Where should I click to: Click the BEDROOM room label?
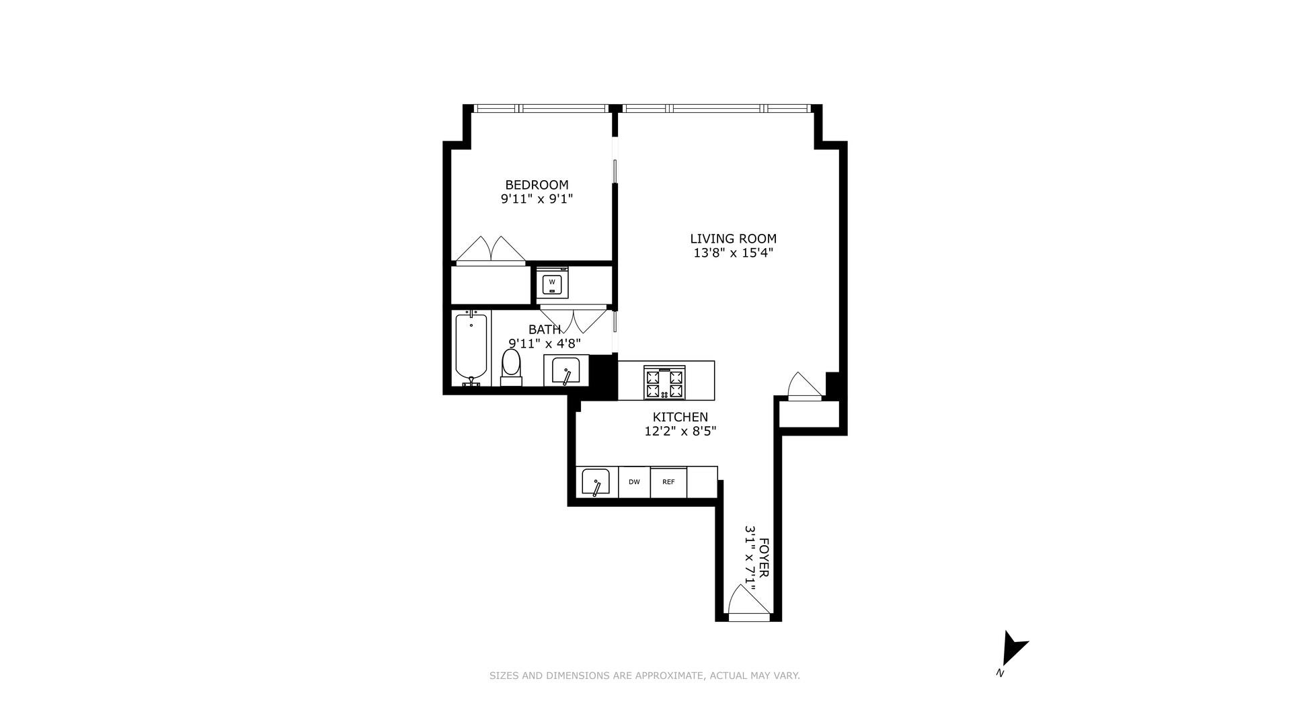(x=537, y=185)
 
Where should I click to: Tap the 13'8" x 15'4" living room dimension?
(x=733, y=253)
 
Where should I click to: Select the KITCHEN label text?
(x=680, y=417)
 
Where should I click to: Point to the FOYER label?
(x=765, y=557)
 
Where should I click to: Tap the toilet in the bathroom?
(x=512, y=366)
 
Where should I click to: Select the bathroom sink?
(x=565, y=370)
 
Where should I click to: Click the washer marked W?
(x=552, y=282)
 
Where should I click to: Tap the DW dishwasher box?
(x=634, y=482)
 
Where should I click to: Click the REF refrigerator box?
(x=668, y=482)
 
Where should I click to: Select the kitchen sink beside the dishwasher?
(x=596, y=482)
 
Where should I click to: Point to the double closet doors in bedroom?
(x=491, y=251)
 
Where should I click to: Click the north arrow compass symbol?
(x=1012, y=649)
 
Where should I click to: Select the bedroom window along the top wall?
(x=541, y=108)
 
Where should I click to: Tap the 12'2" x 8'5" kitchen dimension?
(x=680, y=432)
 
